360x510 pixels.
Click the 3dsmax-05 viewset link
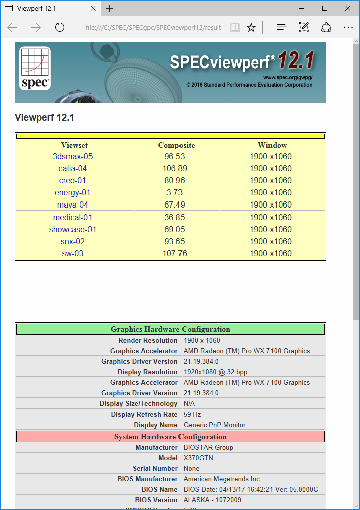[x=73, y=157]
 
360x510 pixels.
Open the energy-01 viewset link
[x=73, y=193]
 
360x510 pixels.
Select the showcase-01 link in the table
[x=73, y=230]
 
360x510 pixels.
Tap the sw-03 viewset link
[x=73, y=254]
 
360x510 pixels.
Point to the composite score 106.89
[x=175, y=169]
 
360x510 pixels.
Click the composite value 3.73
[x=175, y=193]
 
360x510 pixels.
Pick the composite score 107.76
[x=175, y=254]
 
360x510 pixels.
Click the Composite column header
[x=176, y=145]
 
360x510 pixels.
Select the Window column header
[x=272, y=145]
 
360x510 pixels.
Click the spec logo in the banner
[x=35, y=68]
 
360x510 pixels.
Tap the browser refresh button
[x=60, y=27]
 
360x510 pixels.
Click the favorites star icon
[x=251, y=27]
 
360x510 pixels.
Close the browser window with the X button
[x=348, y=8]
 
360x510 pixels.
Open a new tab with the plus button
[x=110, y=8]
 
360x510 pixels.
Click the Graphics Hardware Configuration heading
[x=170, y=330]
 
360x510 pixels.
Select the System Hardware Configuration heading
[x=170, y=437]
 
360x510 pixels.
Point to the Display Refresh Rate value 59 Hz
[x=193, y=415]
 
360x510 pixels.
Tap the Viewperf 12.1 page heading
[x=45, y=118]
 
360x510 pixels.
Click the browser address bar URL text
[x=153, y=27]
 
